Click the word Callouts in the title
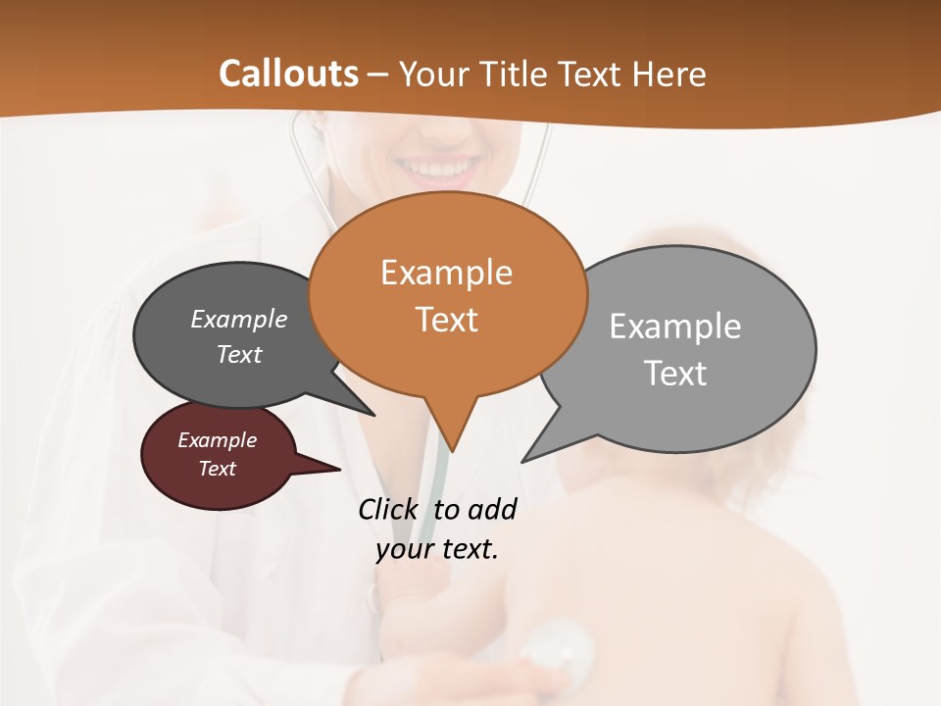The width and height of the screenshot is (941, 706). (x=288, y=74)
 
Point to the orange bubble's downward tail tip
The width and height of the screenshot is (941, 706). (x=453, y=450)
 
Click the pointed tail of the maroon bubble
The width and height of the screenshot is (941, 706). (x=338, y=469)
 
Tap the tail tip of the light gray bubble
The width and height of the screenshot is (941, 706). (x=523, y=460)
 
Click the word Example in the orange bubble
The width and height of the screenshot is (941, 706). (x=447, y=273)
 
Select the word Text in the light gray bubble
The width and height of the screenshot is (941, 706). (x=675, y=374)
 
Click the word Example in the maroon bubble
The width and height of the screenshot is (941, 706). (x=218, y=440)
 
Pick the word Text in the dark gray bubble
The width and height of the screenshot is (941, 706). (x=239, y=355)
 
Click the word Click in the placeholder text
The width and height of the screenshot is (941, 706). (x=388, y=509)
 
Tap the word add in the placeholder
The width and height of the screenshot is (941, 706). (x=492, y=509)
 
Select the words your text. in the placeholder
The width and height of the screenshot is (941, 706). (x=437, y=549)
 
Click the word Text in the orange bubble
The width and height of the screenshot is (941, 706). (x=447, y=320)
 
